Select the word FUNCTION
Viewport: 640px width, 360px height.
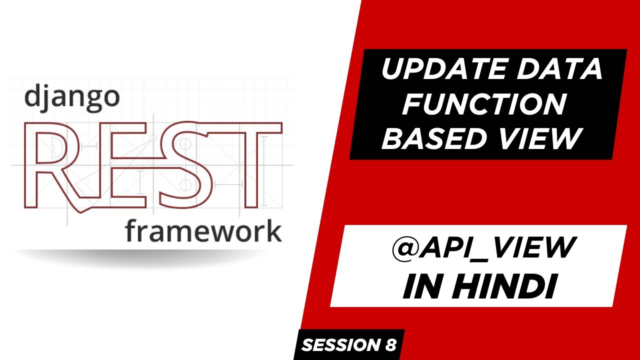[x=485, y=105]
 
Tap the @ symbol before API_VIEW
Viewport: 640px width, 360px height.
[x=405, y=248]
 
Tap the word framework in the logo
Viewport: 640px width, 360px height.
[x=203, y=231]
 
